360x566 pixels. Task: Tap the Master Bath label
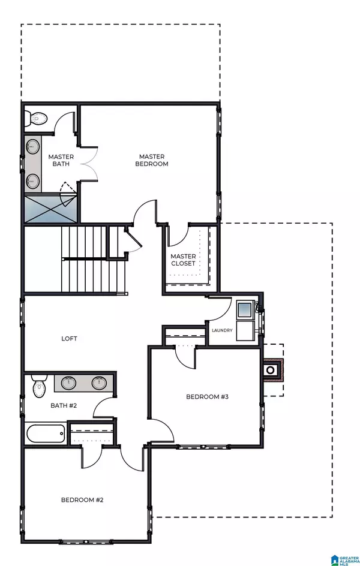60,160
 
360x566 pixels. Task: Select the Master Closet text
183,260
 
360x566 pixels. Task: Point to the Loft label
69,338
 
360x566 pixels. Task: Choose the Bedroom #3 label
206,397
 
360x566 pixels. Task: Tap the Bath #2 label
63,406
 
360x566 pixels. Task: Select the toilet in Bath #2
39,387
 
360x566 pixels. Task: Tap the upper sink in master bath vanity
31,146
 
